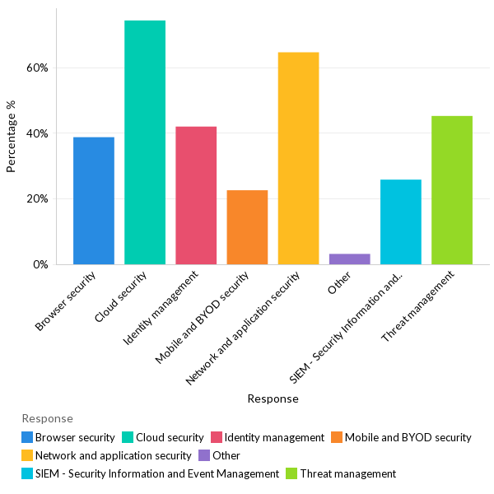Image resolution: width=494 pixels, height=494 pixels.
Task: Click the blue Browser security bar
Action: (93, 201)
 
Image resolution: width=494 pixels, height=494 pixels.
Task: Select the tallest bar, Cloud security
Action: (145, 142)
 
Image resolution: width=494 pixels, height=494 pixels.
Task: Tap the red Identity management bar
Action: (196, 196)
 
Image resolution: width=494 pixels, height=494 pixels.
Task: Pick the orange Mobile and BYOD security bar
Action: (247, 227)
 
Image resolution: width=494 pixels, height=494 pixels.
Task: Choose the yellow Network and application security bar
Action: (298, 158)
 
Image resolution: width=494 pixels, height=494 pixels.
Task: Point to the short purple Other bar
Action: (349, 259)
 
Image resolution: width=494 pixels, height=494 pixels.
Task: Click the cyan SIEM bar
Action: (401, 222)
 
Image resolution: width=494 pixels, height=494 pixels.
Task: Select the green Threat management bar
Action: (452, 190)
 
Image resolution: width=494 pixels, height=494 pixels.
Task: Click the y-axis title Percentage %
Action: (12, 137)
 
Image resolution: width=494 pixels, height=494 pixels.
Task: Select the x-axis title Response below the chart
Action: (273, 398)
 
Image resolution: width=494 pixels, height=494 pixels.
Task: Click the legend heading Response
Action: (47, 418)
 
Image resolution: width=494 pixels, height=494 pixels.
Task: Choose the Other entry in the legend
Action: (226, 455)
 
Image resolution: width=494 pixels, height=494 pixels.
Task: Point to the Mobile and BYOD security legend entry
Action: (408, 437)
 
